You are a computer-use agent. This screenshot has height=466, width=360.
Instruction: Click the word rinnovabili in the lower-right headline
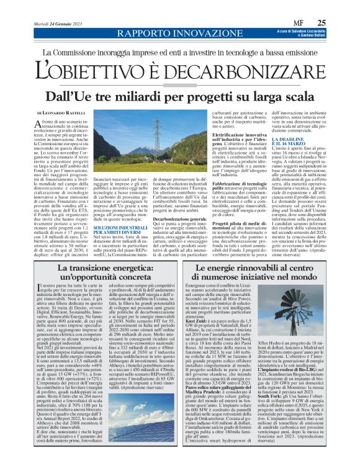point(261,251)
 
